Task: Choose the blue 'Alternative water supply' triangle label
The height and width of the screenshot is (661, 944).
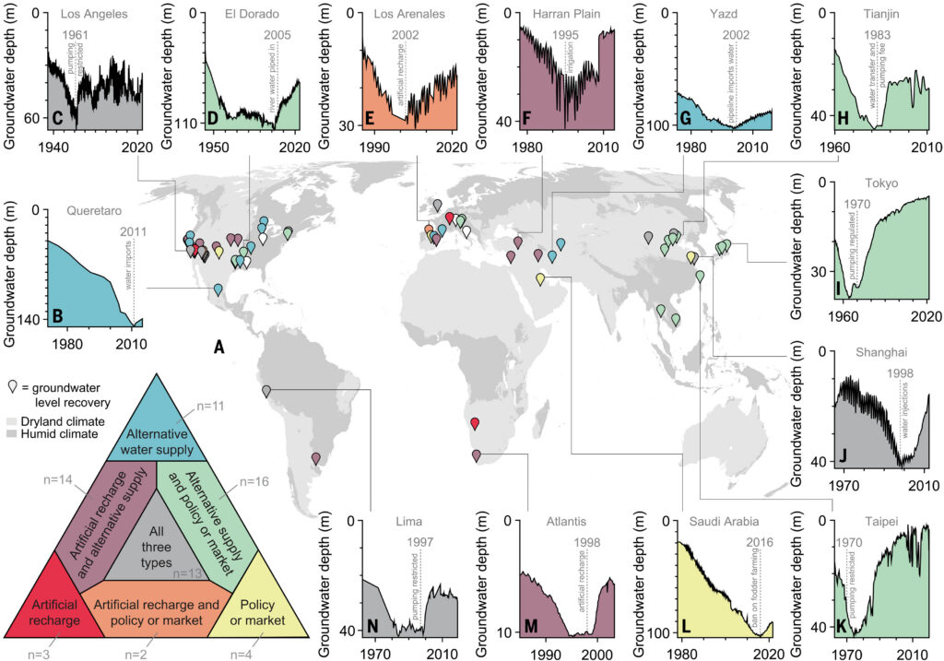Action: point(147,443)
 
